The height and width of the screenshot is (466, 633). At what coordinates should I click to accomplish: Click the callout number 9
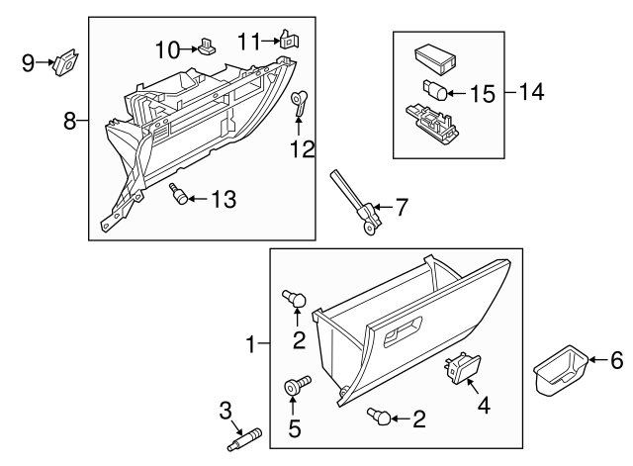pos(29,63)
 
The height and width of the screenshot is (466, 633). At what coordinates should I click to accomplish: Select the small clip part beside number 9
pos(67,61)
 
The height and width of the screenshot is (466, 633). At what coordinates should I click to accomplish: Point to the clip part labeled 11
pos(289,41)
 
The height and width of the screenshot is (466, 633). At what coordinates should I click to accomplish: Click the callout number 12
pos(302,149)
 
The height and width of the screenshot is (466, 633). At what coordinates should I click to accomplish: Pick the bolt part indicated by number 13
pos(177,193)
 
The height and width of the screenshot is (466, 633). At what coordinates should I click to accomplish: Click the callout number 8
pos(70,122)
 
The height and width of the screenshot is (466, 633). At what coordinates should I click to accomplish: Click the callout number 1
pos(252,344)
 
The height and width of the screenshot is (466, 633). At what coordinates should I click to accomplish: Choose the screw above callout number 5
pos(297,386)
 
